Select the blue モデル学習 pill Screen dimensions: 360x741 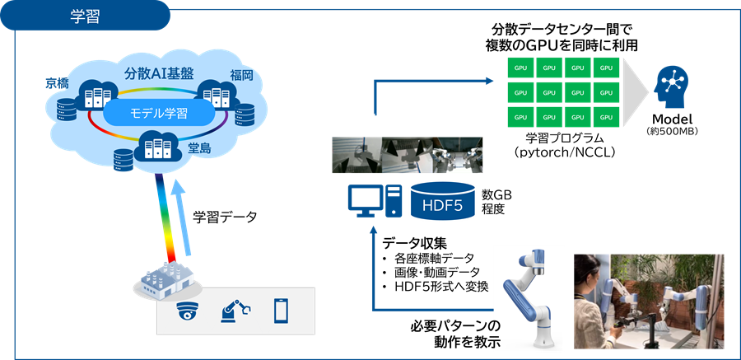tap(160, 113)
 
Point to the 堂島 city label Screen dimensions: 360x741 tap(200, 149)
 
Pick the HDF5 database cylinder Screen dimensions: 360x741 tap(444, 200)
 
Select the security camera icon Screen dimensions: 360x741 tap(189, 312)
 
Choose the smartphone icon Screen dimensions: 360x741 tap(281, 311)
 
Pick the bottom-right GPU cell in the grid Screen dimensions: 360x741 tap(606, 117)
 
